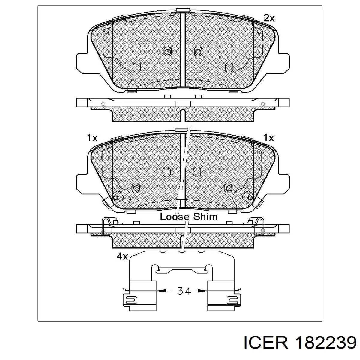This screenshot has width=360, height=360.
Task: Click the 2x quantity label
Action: (269, 18)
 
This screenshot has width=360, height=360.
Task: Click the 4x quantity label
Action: (122, 256)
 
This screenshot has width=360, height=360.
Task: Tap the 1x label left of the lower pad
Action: (92, 138)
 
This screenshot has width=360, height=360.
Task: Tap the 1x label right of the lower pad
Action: (268, 138)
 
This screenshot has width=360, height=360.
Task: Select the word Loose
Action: (175, 217)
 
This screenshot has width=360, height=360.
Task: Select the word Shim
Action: (205, 217)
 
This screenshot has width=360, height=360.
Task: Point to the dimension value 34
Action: (184, 296)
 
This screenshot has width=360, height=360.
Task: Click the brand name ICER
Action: (266, 341)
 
